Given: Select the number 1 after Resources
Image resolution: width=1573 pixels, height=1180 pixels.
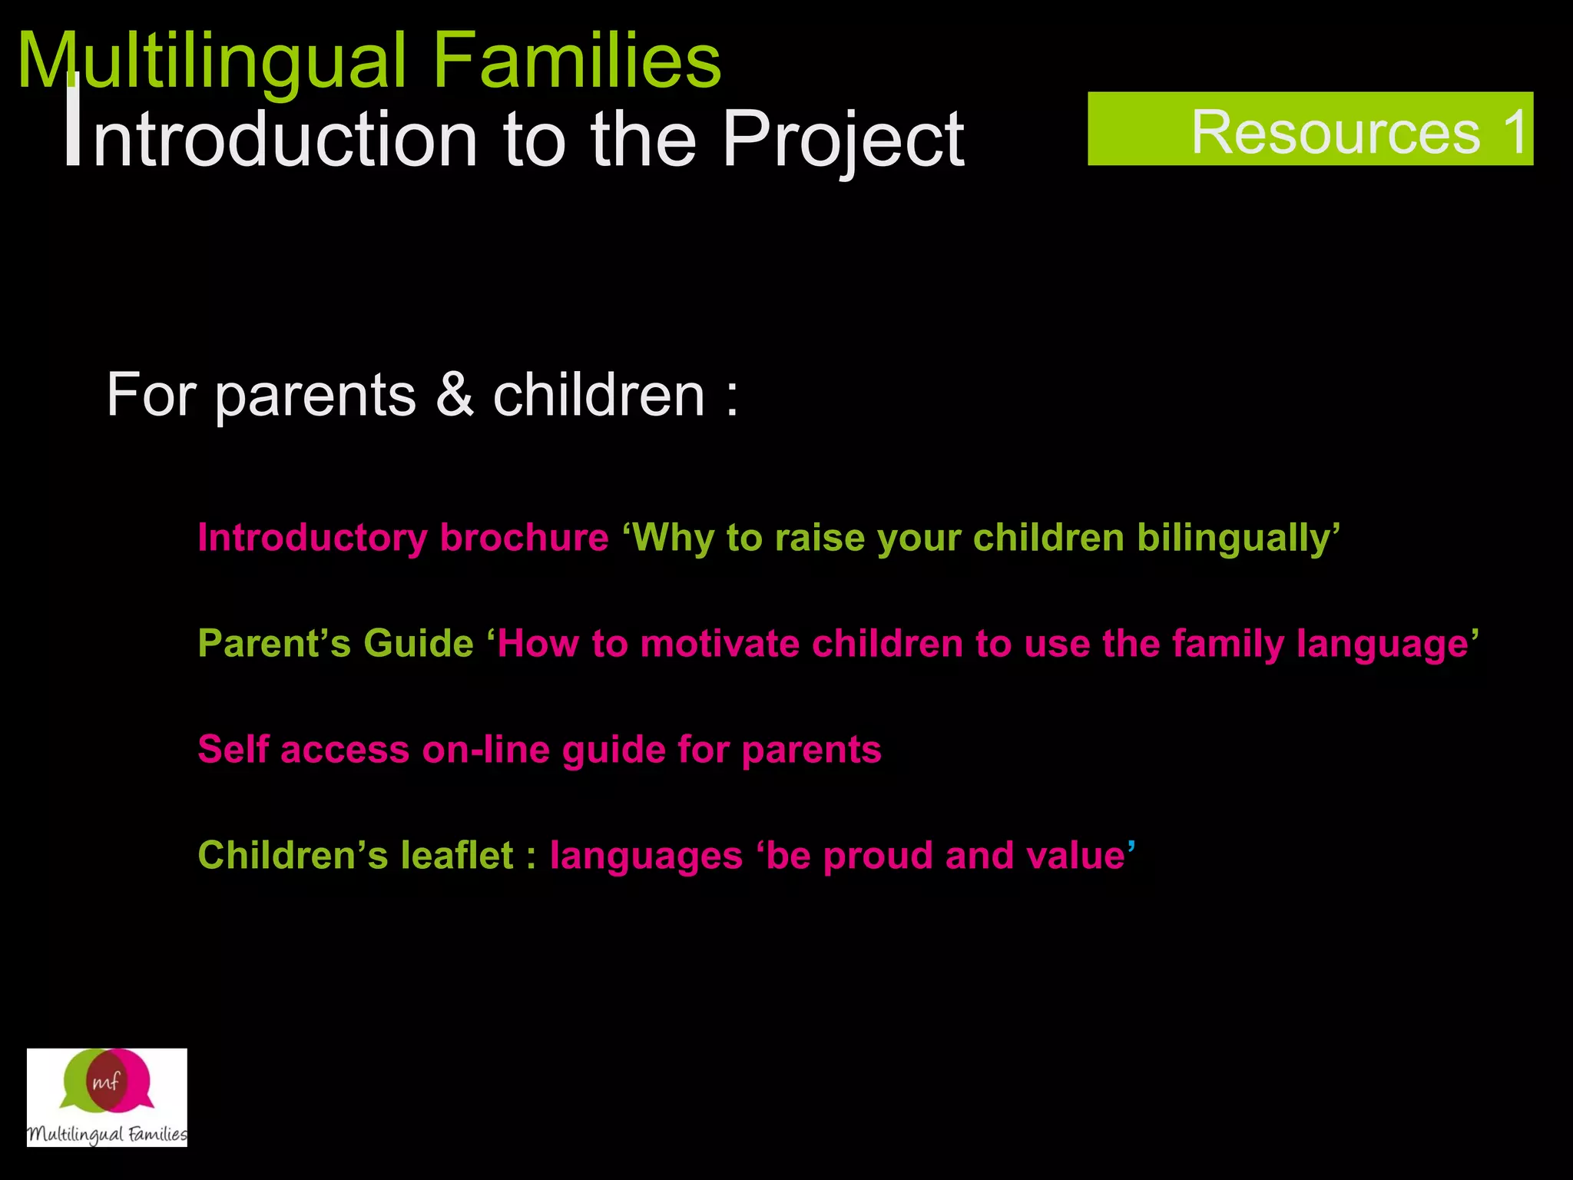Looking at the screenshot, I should pos(1514,132).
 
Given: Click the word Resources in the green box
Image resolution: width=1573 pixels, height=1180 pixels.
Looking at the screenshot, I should pos(1335,132).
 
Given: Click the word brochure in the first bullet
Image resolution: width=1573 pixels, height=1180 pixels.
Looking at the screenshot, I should pos(524,537).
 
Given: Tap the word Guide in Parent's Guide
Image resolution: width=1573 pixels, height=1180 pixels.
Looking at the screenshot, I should pos(418,643).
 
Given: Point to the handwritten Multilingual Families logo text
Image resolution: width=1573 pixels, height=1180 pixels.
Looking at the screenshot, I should pos(107,1134).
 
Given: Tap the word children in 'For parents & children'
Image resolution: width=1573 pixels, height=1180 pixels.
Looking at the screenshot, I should pos(598,394).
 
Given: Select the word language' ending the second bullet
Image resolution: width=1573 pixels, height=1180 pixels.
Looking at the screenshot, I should pos(1387,645).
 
